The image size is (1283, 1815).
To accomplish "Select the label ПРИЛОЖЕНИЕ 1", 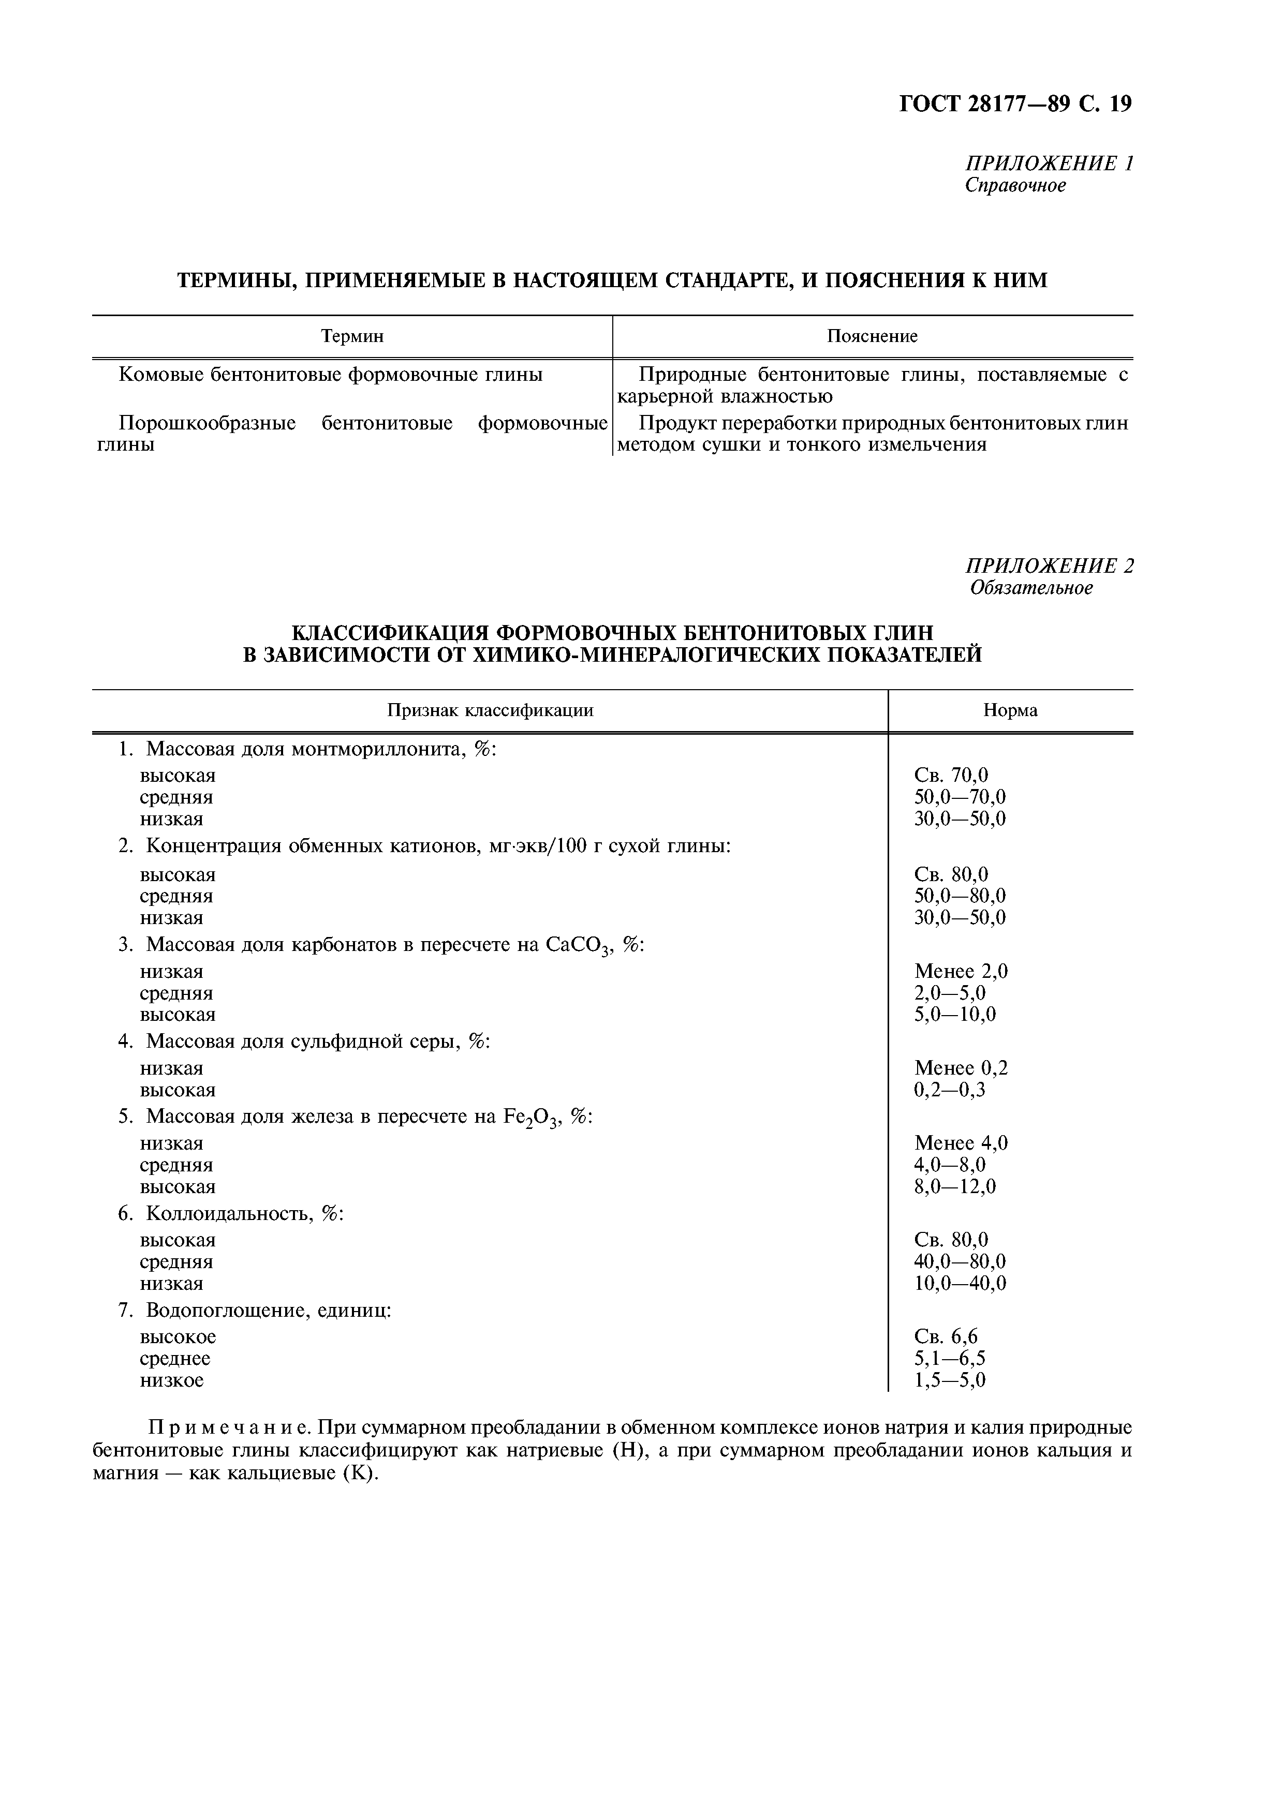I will click(x=1049, y=163).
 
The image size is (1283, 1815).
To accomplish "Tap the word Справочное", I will click(x=1015, y=186).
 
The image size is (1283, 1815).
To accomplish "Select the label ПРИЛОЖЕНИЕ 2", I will click(x=1049, y=566).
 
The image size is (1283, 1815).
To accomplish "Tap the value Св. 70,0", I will click(x=951, y=776).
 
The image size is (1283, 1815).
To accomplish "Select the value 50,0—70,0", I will click(x=960, y=797).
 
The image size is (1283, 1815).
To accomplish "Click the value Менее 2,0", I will click(x=961, y=972).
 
